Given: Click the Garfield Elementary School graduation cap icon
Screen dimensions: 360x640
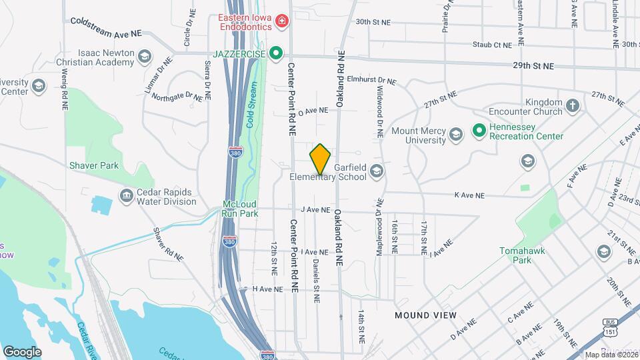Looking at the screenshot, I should click(x=376, y=172).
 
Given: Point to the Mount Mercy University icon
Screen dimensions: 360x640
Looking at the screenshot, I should click(x=455, y=135).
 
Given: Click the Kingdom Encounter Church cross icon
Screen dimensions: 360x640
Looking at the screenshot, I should click(x=572, y=106).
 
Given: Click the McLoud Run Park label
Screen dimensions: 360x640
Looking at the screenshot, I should click(x=239, y=209).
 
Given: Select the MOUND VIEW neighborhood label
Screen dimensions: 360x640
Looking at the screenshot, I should click(x=425, y=315).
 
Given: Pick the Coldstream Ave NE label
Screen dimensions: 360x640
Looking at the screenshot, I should click(x=106, y=27).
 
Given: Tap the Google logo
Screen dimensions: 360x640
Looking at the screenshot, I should click(x=22, y=351).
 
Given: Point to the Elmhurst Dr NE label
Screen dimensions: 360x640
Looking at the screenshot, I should click(x=371, y=81).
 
